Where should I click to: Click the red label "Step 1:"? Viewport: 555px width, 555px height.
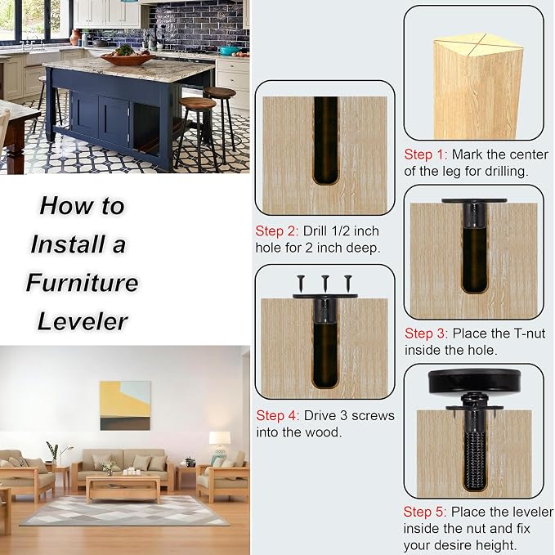(426, 155)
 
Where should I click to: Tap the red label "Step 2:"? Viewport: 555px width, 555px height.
(277, 231)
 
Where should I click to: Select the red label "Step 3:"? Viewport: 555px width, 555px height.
(426, 333)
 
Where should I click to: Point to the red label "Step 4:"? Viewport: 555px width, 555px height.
(278, 415)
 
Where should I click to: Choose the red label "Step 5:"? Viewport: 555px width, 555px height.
(425, 512)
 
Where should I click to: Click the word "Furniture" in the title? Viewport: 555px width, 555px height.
(82, 283)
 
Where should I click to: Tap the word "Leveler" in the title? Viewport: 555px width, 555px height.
(82, 321)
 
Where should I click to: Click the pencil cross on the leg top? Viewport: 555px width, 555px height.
(478, 45)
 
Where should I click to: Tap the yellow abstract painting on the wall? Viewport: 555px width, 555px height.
(125, 405)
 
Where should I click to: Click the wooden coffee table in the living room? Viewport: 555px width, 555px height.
(123, 488)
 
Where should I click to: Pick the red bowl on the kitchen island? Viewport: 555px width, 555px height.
(128, 59)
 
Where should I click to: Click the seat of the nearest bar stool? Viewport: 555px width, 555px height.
(198, 103)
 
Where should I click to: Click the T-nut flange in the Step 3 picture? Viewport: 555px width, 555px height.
(474, 201)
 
